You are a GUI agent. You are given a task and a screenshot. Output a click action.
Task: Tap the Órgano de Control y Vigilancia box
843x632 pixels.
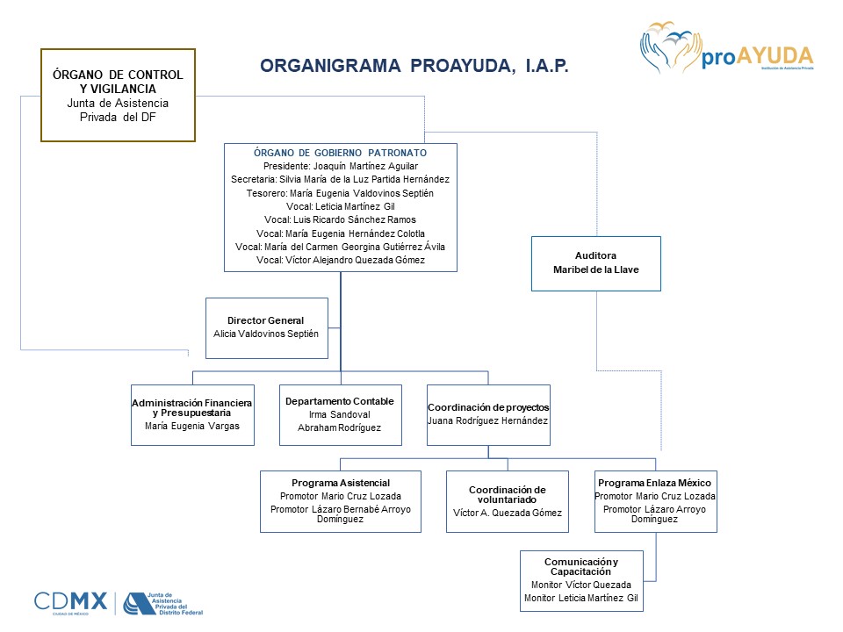click(118, 95)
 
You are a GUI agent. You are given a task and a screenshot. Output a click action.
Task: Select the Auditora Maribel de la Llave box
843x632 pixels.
click(596, 263)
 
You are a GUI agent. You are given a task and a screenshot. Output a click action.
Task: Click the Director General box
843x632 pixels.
click(266, 327)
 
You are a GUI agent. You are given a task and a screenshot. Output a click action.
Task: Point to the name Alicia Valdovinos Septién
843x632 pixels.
click(266, 334)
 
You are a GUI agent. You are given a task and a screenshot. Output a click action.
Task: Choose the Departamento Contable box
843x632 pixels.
click(340, 414)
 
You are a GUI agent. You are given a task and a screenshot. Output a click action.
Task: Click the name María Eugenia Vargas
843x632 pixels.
click(192, 427)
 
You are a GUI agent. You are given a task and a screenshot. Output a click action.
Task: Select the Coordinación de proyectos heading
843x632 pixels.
click(488, 407)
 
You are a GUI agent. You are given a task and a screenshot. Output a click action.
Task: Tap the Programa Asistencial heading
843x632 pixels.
click(341, 483)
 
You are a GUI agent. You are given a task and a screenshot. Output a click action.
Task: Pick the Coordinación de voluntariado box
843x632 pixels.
click(507, 501)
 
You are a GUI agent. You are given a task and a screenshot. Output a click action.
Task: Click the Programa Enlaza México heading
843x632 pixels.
click(655, 483)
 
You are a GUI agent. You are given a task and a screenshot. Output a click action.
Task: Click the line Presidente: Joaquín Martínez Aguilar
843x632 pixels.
click(340, 165)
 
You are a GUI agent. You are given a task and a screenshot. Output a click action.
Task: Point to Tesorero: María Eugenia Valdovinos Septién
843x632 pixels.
click(340, 192)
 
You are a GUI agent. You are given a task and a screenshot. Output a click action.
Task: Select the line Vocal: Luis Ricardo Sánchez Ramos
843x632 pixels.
click(340, 219)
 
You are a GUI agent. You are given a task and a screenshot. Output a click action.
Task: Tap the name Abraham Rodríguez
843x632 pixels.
click(340, 427)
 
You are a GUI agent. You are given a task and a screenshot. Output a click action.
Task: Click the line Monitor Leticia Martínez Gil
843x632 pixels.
click(581, 598)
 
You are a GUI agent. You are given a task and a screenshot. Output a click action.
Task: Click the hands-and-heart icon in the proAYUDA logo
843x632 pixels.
click(669, 51)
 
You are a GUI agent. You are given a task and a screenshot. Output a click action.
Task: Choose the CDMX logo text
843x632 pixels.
click(70, 602)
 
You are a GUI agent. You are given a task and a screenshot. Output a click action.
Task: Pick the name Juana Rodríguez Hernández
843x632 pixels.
click(488, 420)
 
